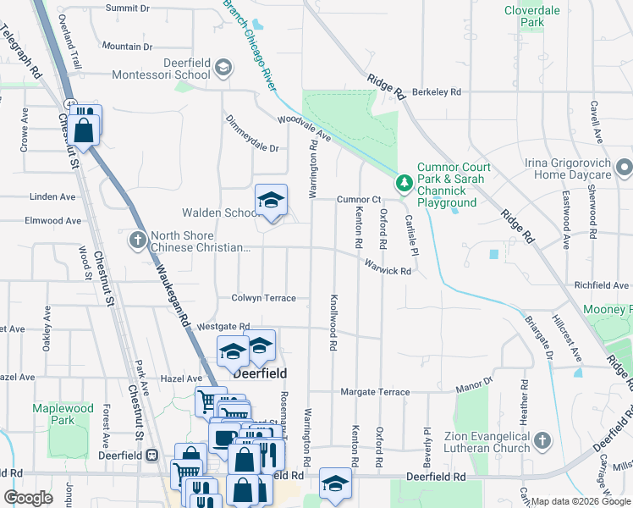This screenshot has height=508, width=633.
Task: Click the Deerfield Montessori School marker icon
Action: [223, 68]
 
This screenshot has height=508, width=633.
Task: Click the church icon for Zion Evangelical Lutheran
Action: [542, 440]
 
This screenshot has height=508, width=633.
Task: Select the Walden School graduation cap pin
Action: [272, 201]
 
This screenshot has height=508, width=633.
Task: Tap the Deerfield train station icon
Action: [151, 455]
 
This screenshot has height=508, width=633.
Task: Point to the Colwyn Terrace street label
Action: [264, 298]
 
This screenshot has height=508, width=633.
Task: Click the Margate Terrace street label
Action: [375, 392]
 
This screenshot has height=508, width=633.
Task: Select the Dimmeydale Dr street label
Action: [251, 147]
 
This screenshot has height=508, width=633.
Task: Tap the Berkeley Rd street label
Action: [436, 91]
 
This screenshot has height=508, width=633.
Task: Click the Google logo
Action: [28, 498]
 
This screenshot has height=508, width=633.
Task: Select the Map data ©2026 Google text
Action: [580, 501]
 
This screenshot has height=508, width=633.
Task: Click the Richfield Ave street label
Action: [601, 286]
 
